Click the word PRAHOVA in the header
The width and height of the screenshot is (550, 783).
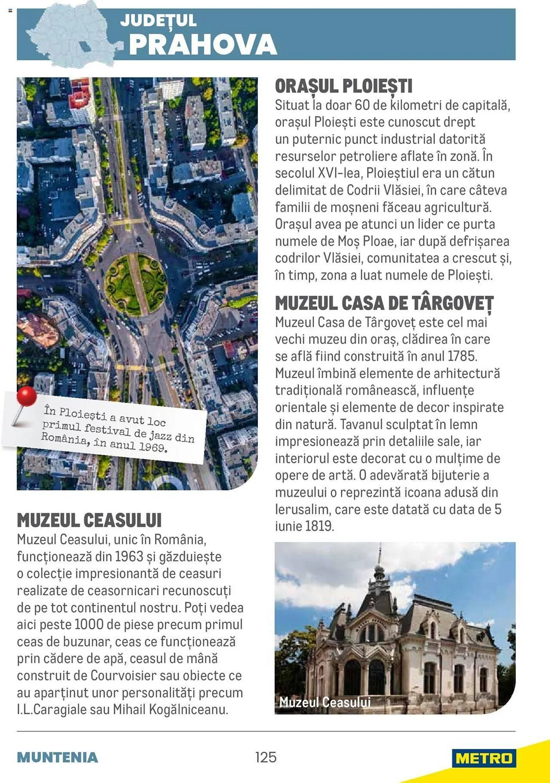click(x=203, y=45)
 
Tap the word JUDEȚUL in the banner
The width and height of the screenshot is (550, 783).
click(x=158, y=21)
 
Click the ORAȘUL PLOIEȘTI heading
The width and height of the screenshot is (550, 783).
click(x=343, y=87)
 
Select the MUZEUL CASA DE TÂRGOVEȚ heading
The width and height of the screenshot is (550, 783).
click(x=384, y=303)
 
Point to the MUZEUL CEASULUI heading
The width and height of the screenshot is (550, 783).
click(x=89, y=520)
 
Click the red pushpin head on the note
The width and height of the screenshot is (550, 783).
click(x=27, y=396)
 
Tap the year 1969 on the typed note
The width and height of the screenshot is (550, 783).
click(x=153, y=447)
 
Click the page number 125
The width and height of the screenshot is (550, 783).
click(x=266, y=757)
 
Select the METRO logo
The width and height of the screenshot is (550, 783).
click(x=484, y=758)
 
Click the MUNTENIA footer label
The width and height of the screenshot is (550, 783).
click(x=58, y=758)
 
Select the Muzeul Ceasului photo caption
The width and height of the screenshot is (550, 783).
click(x=325, y=702)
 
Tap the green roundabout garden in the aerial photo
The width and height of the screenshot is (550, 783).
click(x=135, y=284)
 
